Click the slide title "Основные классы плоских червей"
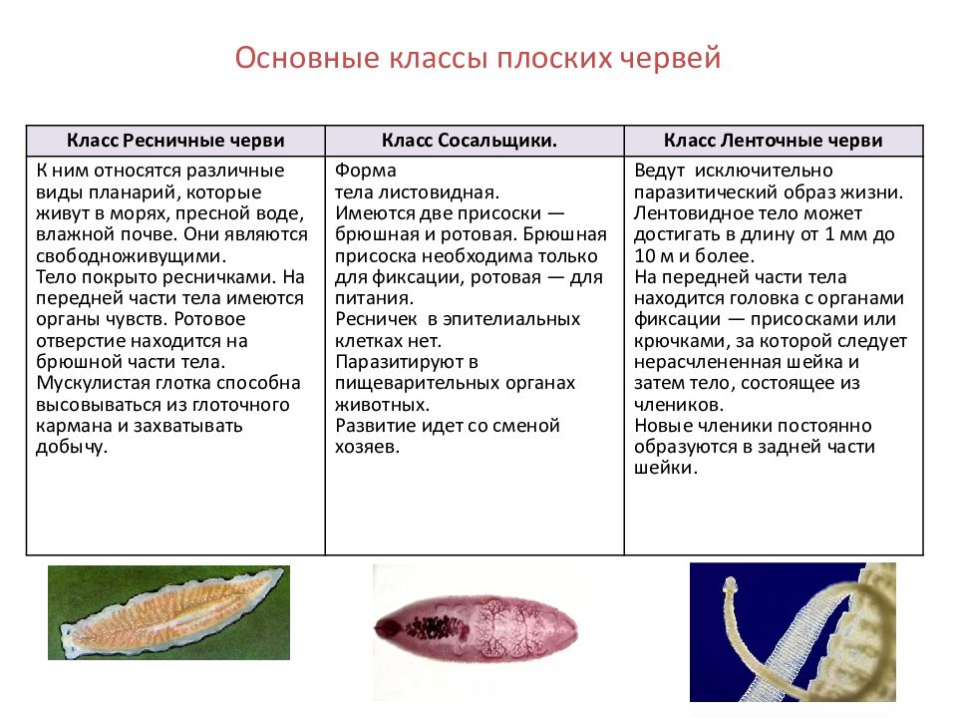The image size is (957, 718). click(x=478, y=58)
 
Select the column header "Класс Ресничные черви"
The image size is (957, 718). click(x=175, y=141)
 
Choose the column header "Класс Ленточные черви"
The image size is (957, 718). click(x=773, y=141)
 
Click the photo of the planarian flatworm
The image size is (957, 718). click(x=169, y=612)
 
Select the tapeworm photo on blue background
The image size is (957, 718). click(x=793, y=632)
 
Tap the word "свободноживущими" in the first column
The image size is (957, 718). click(x=112, y=256)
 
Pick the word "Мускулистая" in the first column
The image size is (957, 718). click(x=93, y=383)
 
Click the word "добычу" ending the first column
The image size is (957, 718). click(x=72, y=447)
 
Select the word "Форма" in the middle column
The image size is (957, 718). click(x=366, y=171)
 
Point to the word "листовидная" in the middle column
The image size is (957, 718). click(x=436, y=191)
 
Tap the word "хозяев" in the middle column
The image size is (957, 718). click(x=367, y=447)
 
